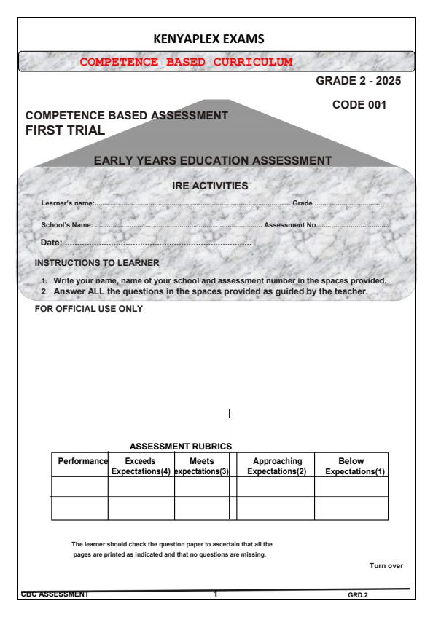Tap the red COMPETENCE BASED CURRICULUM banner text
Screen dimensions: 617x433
[x=186, y=61]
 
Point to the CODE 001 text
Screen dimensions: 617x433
[x=360, y=106]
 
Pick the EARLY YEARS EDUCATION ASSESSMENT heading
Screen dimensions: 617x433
[x=213, y=160]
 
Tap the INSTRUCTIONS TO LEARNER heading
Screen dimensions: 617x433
[x=98, y=262]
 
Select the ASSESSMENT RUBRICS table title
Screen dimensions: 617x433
[x=180, y=445]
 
